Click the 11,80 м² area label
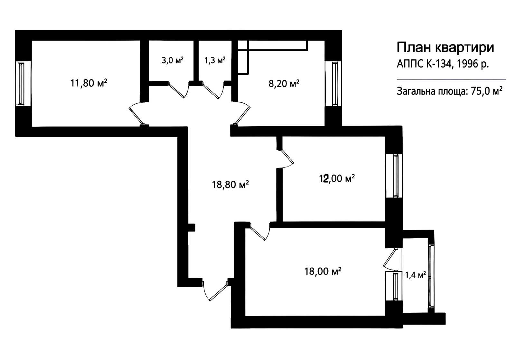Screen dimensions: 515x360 pos(89,83)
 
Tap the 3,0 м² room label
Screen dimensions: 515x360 pos(173,61)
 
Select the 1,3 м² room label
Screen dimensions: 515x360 pos(215,61)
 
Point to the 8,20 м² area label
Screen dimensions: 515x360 pos(284,83)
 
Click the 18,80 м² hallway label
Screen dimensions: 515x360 pos(230,185)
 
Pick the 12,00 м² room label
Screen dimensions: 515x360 pos(337,178)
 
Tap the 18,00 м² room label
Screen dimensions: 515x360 pos(323,271)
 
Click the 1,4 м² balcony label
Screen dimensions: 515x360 pos(415,275)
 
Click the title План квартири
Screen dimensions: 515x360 pos(445,47)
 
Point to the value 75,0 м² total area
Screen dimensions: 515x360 pos(486,91)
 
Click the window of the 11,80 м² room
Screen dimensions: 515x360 pos(23,84)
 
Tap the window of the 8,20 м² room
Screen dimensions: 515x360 pos(333,84)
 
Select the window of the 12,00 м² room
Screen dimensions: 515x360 pos(394,176)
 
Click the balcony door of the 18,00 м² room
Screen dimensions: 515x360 pos(391,260)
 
